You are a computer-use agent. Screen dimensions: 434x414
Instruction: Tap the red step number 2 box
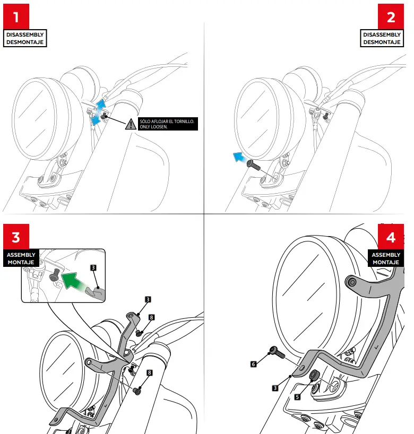pyautogui.click(x=391, y=16)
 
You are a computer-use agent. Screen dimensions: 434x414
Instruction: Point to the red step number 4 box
pyautogui.click(x=391, y=236)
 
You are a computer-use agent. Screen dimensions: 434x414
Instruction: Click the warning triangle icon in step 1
pyautogui.click(x=130, y=124)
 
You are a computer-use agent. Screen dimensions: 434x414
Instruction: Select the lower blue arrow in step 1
pyautogui.click(x=96, y=121)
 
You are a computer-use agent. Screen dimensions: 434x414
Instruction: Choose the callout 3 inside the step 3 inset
pyautogui.click(x=93, y=268)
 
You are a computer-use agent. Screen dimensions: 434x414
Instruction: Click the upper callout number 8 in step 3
pyautogui.click(x=151, y=317)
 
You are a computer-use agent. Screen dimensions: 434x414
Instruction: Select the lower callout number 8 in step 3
pyautogui.click(x=150, y=373)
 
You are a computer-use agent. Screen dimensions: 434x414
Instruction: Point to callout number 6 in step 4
pyautogui.click(x=254, y=364)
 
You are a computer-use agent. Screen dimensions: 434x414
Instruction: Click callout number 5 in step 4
pyautogui.click(x=296, y=396)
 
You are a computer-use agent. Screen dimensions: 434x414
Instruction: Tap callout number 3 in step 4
pyautogui.click(x=275, y=388)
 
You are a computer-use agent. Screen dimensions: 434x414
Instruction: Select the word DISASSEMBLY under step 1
pyautogui.click(x=25, y=34)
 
